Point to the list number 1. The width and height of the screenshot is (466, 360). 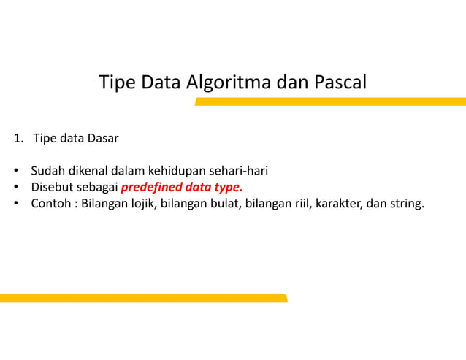click(16, 138)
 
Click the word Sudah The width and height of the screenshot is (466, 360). click(47, 172)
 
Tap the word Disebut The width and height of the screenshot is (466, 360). click(53, 187)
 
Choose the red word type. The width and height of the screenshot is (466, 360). click(226, 187)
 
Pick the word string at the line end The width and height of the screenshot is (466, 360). click(405, 202)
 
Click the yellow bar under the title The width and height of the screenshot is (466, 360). click(329, 102)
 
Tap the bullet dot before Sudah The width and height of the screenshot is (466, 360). click(15, 172)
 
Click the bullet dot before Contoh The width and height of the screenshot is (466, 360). click(15, 203)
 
